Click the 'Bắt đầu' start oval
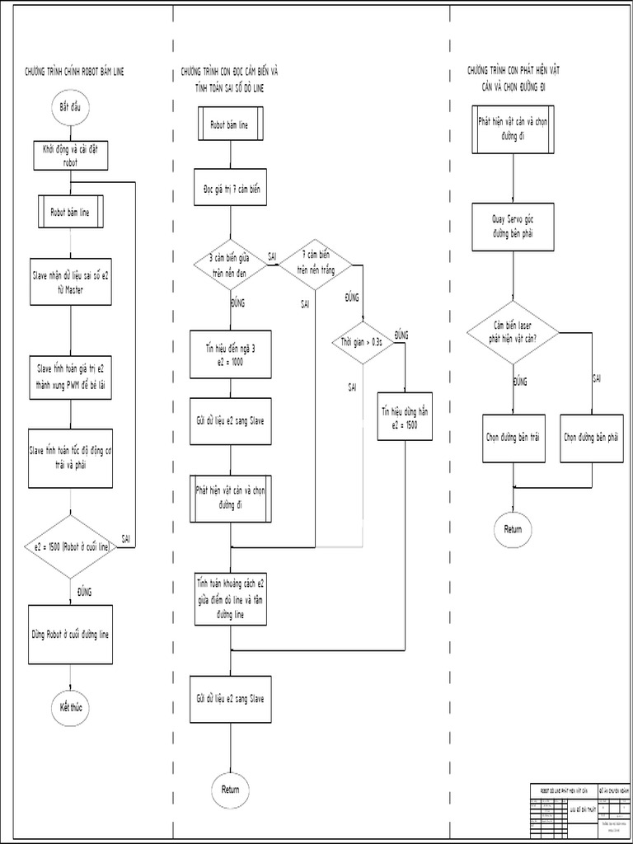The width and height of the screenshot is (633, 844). tap(69, 107)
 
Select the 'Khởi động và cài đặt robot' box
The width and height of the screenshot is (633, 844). tap(70, 156)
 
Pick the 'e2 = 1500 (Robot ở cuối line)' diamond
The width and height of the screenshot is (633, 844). tap(70, 546)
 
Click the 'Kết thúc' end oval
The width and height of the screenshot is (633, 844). tap(70, 708)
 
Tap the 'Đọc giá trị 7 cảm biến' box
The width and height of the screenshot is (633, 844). tap(230, 189)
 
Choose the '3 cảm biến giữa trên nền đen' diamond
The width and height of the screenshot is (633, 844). tap(230, 265)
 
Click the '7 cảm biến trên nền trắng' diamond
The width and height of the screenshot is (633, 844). tap(315, 265)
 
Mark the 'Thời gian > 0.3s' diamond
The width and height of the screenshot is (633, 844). tap(363, 341)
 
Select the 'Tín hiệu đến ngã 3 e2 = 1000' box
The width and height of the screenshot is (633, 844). tap(230, 354)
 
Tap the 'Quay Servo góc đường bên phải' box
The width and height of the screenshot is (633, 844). tap(513, 227)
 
